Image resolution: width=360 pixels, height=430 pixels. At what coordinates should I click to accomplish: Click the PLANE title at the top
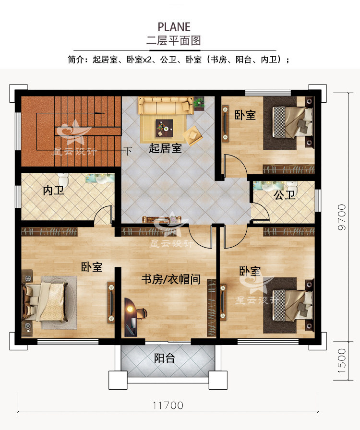tap(174, 26)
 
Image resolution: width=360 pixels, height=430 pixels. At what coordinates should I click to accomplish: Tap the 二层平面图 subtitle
tap(174, 40)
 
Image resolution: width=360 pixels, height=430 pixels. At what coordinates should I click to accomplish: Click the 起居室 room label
tap(165, 148)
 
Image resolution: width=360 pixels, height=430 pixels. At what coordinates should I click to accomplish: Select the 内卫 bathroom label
tap(53, 191)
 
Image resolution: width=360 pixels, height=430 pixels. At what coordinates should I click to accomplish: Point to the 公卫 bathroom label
tap(284, 195)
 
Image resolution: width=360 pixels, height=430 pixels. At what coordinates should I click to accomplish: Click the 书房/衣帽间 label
tap(170, 279)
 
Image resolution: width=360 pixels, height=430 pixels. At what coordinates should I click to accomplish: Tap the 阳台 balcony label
tap(164, 358)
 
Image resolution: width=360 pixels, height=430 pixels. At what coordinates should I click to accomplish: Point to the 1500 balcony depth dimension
tap(341, 360)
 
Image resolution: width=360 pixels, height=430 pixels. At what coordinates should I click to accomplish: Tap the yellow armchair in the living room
tap(193, 134)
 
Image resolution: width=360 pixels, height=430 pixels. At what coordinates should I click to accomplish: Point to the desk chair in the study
tap(141, 314)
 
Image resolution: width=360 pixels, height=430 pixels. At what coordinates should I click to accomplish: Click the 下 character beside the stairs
tap(128, 151)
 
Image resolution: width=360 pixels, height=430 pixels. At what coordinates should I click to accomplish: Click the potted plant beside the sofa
tap(199, 101)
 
